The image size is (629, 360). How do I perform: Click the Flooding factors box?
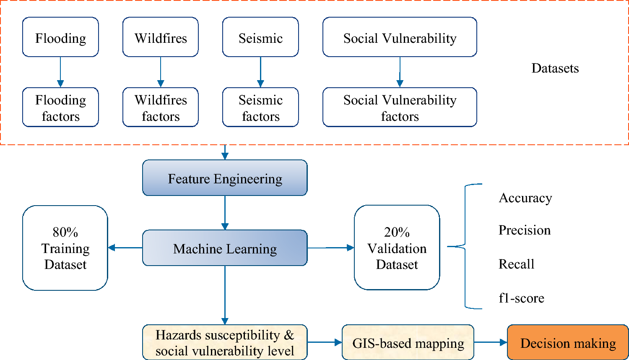click(60, 107)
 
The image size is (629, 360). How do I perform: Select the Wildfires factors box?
click(161, 107)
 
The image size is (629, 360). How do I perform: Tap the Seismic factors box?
click(260, 107)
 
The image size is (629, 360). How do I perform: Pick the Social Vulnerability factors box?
click(400, 107)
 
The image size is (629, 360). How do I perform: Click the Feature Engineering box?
click(225, 178)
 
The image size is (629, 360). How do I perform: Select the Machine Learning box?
click(225, 248)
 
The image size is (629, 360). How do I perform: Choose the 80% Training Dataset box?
click(65, 248)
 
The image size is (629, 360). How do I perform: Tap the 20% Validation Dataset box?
click(397, 248)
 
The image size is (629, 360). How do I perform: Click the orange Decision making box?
click(568, 343)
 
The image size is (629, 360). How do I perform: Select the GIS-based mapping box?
click(408, 343)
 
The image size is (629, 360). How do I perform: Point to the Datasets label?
click(555, 68)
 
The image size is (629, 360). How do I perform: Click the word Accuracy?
click(525, 198)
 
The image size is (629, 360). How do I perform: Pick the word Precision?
click(524, 230)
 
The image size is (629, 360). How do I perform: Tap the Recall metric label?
click(516, 264)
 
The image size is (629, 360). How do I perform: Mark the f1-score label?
click(521, 298)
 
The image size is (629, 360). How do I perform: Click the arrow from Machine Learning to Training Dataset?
click(125, 248)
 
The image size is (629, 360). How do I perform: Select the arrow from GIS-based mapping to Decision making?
click(491, 342)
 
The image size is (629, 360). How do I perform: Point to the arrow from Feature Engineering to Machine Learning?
click(225, 213)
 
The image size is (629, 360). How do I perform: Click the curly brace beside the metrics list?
click(465, 246)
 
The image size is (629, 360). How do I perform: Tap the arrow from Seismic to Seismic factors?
click(260, 72)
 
